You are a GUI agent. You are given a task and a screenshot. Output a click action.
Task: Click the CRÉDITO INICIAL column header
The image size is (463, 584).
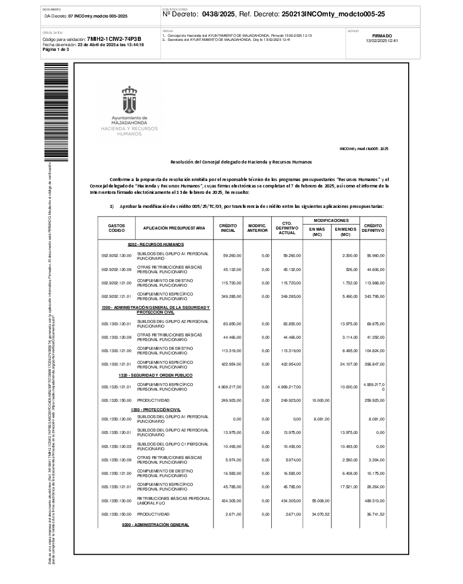227,228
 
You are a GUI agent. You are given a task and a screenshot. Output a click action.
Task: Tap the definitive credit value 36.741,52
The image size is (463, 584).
372,514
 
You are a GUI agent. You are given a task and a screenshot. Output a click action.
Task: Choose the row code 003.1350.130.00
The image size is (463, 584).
117,500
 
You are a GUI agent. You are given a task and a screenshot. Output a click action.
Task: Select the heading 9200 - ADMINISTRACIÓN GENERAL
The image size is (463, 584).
156,524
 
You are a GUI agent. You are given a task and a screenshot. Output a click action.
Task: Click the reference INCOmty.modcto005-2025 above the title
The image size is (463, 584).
364,149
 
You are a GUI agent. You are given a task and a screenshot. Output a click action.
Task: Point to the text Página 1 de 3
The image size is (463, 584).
56,50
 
